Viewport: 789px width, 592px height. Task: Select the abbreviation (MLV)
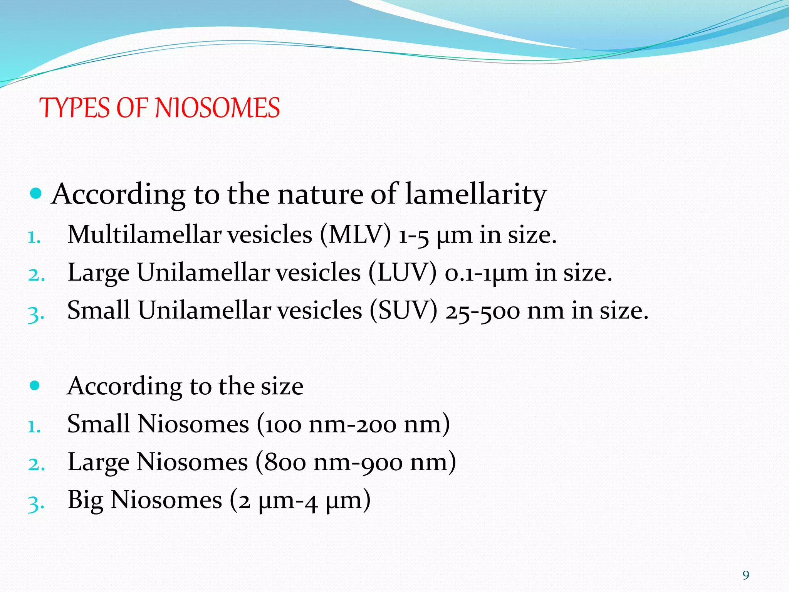coord(355,235)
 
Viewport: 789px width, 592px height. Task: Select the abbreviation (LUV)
coord(403,273)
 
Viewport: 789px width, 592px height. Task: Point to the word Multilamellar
coord(144,235)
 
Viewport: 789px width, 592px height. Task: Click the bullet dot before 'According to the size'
coord(35,385)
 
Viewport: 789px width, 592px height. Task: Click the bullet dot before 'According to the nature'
coord(35,193)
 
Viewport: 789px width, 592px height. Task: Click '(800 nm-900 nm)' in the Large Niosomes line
coord(355,462)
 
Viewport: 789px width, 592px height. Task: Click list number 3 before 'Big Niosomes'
coord(36,503)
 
